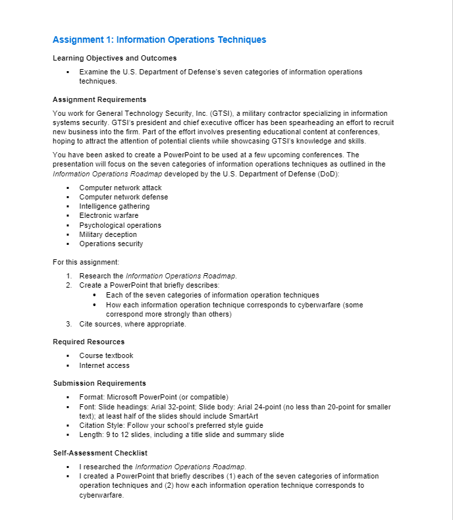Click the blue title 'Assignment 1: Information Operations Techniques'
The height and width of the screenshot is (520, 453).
[x=159, y=40]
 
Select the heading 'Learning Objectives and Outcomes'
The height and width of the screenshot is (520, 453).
[x=115, y=58]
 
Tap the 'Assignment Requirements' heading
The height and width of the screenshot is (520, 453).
[x=99, y=100]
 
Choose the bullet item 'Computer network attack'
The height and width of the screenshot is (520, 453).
[x=120, y=188]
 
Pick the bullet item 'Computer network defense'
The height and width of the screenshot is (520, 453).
[x=124, y=197]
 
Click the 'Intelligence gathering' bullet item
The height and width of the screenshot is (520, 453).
[x=115, y=206]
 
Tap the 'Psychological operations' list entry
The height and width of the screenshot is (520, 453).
[x=120, y=225]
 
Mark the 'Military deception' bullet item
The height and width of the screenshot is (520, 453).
[x=108, y=234]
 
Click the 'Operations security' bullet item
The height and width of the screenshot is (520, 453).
[x=111, y=244]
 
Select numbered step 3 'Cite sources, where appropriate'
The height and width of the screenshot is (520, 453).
[x=132, y=324]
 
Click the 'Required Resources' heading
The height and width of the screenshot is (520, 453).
[x=88, y=342]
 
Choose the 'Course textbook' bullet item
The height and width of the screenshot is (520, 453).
[x=106, y=355]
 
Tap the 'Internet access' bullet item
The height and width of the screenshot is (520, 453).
[x=105, y=365]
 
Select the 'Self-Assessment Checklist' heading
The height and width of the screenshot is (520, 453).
[x=100, y=453]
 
